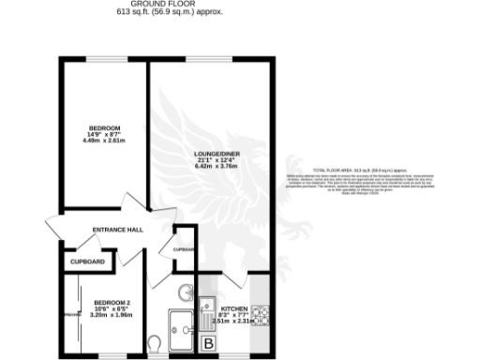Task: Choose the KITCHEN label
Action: coord(233,308)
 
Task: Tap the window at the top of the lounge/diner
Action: coord(214,61)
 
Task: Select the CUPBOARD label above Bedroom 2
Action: coord(88,262)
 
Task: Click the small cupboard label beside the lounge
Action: coord(183,250)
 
